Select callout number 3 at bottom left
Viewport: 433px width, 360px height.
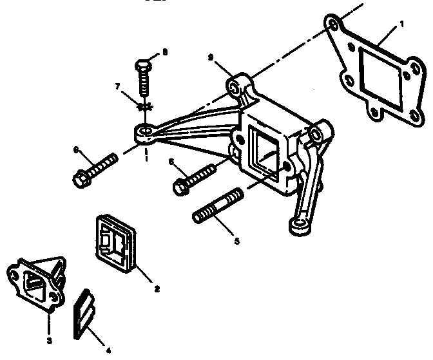click(x=48, y=339)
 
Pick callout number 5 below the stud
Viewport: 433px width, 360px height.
click(x=236, y=242)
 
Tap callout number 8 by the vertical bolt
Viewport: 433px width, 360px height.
click(x=164, y=52)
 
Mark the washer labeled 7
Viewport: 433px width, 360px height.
click(x=145, y=105)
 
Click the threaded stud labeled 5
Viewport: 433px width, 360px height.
click(x=218, y=205)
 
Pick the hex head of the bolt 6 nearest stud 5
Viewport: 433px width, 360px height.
click(x=180, y=187)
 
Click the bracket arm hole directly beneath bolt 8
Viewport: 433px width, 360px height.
click(x=146, y=133)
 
